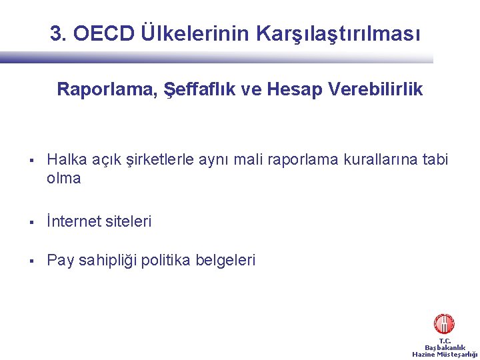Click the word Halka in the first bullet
pyautogui.click(x=65, y=160)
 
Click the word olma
pyautogui.click(x=64, y=179)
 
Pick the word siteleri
pyautogui.click(x=128, y=221)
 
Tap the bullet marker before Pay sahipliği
pyautogui.click(x=32, y=261)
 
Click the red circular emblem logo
pyautogui.click(x=444, y=324)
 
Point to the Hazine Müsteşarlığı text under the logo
pyautogui.click(x=445, y=354)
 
